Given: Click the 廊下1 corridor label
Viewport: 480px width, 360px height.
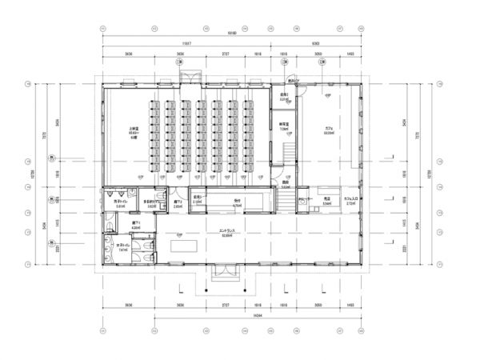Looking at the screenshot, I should (136, 225).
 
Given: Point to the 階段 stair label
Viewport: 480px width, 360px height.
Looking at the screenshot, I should (285, 182).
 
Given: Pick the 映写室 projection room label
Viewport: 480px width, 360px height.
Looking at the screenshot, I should (284, 125).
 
